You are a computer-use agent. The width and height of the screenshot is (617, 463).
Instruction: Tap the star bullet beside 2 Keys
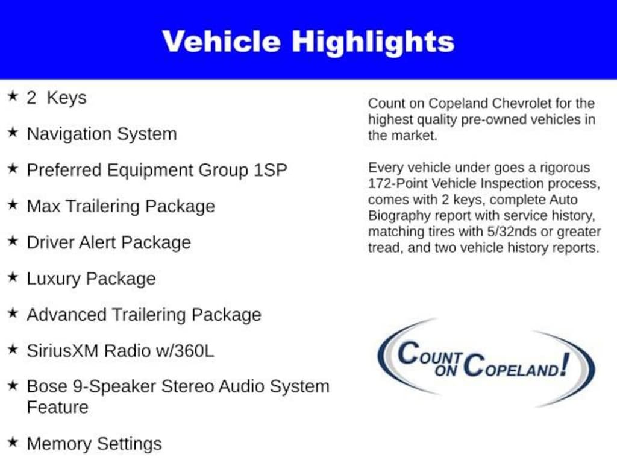tap(13, 96)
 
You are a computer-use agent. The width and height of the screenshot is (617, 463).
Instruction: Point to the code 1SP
tap(271, 170)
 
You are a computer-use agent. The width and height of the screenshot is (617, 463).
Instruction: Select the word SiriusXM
tap(62, 351)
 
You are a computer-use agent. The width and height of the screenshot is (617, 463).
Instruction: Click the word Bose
tap(47, 386)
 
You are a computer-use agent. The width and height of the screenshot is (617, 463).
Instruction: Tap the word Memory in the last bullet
tap(58, 444)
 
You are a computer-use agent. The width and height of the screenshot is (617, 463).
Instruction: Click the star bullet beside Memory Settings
tap(13, 442)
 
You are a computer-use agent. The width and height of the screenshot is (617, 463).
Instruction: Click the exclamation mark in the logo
tap(565, 364)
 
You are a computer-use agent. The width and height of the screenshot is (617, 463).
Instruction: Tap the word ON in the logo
tap(445, 370)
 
